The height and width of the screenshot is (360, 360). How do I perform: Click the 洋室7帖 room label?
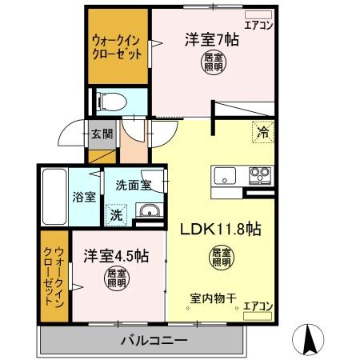pyautogui.click(x=212, y=38)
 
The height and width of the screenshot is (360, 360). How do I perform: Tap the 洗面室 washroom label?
pyautogui.click(x=134, y=185)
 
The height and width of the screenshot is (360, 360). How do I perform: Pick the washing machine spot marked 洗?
pyautogui.click(x=116, y=214)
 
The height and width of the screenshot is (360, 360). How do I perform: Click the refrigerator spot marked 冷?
pyautogui.click(x=261, y=133)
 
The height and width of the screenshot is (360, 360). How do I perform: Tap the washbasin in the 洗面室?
pyautogui.click(x=147, y=211)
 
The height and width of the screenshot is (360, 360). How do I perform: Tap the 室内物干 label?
pyautogui.click(x=214, y=299)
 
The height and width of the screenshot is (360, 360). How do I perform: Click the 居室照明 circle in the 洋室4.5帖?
pyautogui.click(x=117, y=278)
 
